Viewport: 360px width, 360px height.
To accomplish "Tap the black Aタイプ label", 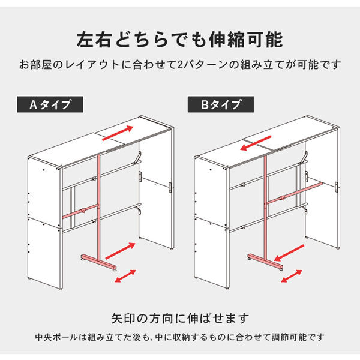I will point(51,104).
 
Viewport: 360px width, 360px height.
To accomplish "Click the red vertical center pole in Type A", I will point(98,204).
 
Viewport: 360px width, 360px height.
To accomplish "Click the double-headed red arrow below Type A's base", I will point(124,276).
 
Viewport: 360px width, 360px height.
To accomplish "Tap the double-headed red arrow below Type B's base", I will point(291,276).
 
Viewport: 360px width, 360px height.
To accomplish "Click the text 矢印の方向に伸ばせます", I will point(180,318).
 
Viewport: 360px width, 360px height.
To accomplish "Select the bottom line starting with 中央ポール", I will point(180,337).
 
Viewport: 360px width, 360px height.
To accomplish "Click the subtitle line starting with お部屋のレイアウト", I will point(180,64).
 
